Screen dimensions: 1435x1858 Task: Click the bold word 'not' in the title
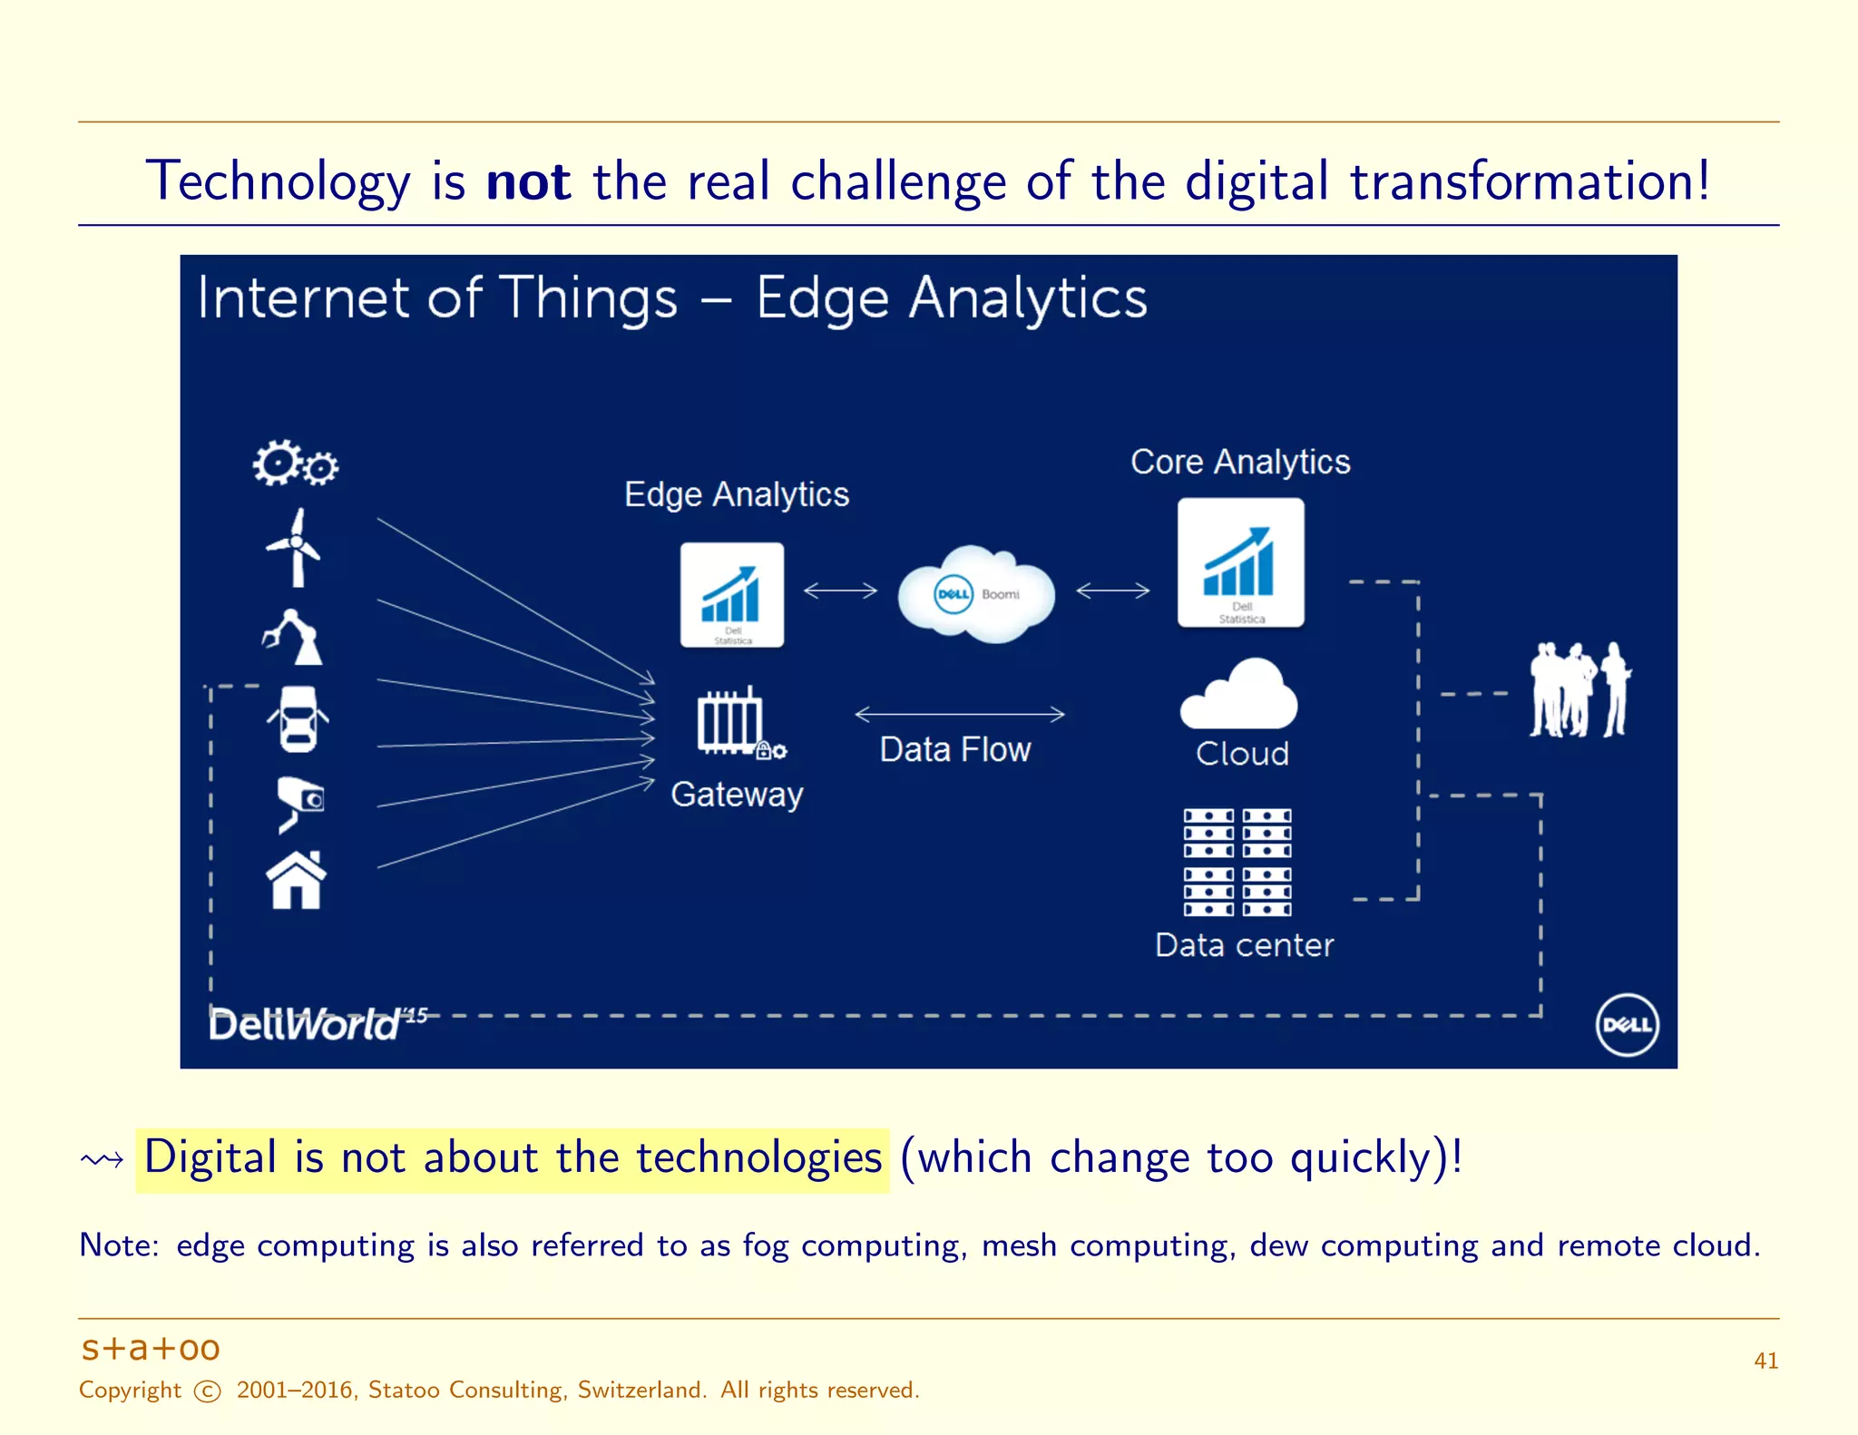(528, 181)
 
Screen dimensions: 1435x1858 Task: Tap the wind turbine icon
(294, 548)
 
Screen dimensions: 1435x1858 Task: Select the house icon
(296, 880)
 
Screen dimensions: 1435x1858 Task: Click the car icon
(298, 719)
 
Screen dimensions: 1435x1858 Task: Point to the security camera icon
(300, 802)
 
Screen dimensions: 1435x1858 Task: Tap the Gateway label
(737, 794)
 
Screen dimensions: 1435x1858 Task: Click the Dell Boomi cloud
(976, 594)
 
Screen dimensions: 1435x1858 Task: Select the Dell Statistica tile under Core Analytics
(1240, 562)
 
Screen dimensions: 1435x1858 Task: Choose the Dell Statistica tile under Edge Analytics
(732, 595)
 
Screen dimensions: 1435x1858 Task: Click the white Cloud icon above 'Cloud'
(1239, 696)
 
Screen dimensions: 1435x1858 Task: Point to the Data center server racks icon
(1237, 862)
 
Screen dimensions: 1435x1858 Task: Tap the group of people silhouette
(1579, 690)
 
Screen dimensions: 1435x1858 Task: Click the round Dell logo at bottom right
(1627, 1024)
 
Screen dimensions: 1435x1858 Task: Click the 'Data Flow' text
(955, 749)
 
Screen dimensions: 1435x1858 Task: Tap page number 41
(1765, 1361)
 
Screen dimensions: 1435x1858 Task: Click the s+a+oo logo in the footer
(151, 1348)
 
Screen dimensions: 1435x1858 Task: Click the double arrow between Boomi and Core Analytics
(1113, 591)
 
